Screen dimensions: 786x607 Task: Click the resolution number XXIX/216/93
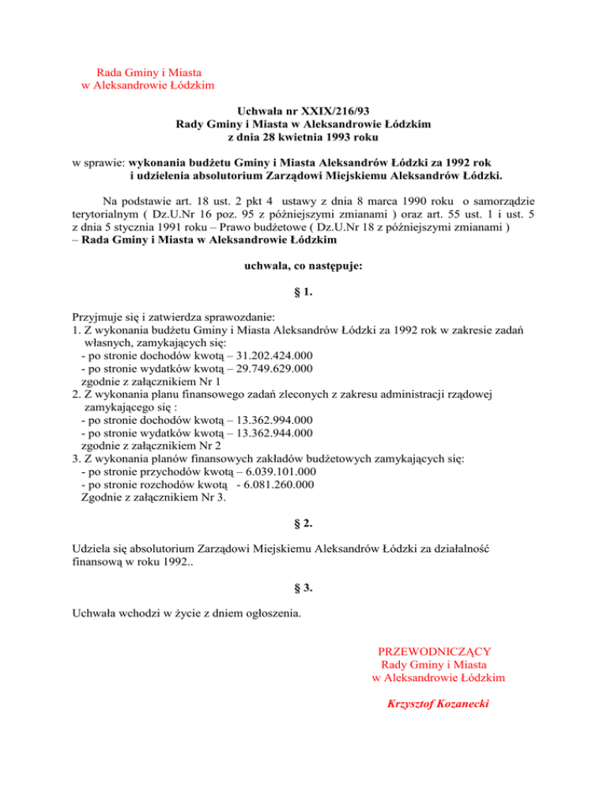(336, 113)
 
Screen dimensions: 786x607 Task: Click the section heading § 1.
(303, 293)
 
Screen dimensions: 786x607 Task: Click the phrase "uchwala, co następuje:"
(303, 267)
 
